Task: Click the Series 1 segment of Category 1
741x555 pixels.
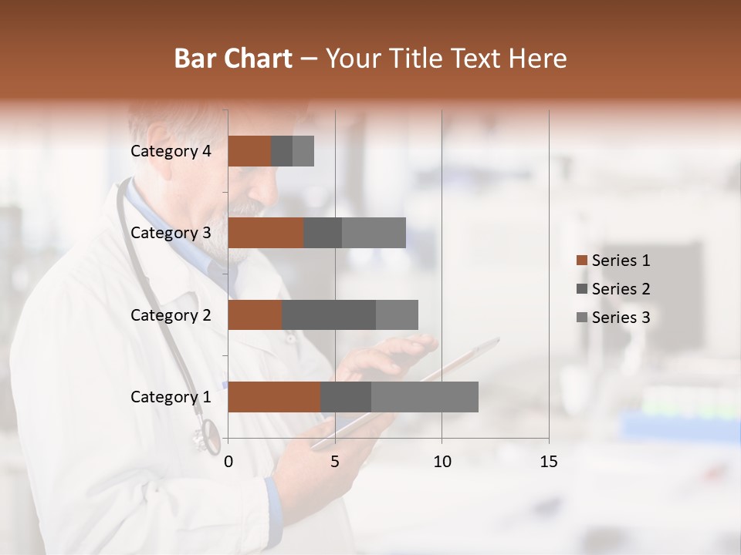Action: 274,396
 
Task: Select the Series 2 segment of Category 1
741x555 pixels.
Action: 346,396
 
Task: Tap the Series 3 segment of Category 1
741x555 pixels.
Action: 425,396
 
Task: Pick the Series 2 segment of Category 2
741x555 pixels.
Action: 329,314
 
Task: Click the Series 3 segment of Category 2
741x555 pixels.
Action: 397,314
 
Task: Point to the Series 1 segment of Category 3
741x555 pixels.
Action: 266,233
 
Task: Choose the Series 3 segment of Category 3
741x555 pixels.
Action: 374,233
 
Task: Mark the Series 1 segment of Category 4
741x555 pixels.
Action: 249,151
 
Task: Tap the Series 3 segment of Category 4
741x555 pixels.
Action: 303,151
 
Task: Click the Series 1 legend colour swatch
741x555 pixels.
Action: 582,261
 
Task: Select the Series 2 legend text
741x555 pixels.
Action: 621,289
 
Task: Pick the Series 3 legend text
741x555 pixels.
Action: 621,318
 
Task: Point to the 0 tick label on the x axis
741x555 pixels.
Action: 228,462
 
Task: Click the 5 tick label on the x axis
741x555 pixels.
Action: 335,462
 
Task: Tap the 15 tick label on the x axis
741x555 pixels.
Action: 549,462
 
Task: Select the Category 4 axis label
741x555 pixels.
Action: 171,151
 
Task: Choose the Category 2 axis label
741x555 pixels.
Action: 171,314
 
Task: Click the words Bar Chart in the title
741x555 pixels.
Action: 233,58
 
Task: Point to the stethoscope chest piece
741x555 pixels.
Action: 207,438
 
